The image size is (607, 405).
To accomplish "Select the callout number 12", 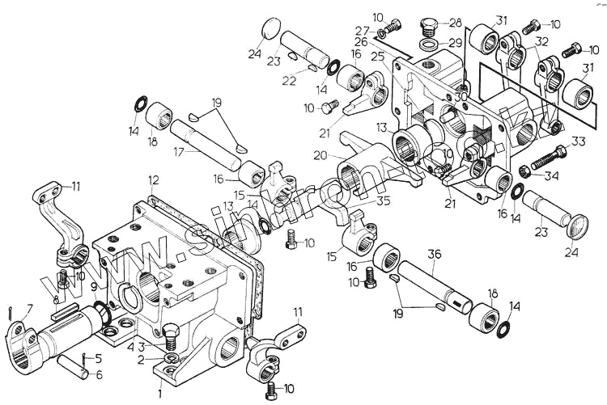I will click(x=154, y=179).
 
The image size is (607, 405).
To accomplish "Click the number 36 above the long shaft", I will click(x=435, y=255).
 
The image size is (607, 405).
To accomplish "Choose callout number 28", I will click(x=455, y=23).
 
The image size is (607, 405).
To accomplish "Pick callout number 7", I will click(x=30, y=308).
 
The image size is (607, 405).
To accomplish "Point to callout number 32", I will click(x=541, y=42).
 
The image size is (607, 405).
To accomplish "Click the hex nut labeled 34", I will click(x=524, y=171).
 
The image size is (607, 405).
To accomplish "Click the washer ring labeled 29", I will click(x=430, y=41).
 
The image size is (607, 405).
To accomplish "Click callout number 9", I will click(x=94, y=286).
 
